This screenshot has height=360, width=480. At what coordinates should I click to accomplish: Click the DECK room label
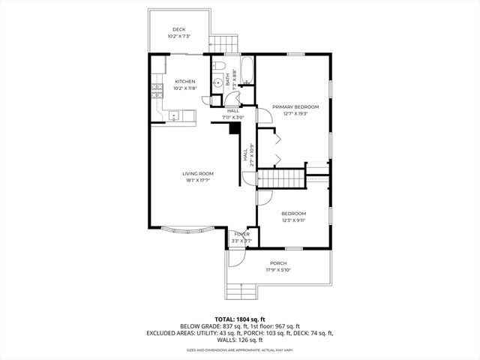178,29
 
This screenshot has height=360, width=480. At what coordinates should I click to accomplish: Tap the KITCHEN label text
185,81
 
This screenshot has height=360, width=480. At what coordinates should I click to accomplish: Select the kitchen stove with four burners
157,92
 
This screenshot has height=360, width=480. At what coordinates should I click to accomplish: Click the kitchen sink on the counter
173,115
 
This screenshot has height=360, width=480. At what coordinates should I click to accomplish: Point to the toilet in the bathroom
217,65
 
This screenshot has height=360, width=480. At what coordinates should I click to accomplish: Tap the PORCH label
278,262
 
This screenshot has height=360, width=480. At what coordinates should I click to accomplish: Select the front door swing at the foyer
235,255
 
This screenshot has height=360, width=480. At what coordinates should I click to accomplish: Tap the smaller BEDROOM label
293,213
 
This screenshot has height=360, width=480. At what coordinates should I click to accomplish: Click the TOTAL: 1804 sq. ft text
239,319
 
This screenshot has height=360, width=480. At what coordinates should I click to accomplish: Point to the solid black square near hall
235,128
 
